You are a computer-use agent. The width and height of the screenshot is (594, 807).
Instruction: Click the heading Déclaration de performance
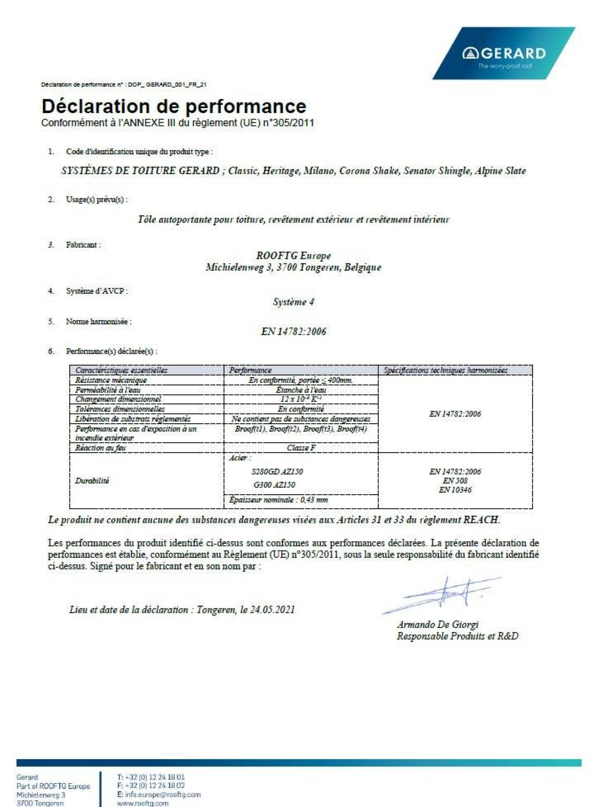174,106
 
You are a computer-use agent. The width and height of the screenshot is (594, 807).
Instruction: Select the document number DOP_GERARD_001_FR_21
167,84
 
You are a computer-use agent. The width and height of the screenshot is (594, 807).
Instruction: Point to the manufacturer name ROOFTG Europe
293,256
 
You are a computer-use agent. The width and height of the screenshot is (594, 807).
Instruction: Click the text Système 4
293,302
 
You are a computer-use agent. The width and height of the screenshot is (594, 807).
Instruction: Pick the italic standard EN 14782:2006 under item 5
293,332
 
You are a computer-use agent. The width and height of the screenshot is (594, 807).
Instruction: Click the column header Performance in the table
250,370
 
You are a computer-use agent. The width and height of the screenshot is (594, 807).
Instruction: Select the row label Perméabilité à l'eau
108,390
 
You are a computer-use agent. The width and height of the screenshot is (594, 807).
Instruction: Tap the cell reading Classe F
301,448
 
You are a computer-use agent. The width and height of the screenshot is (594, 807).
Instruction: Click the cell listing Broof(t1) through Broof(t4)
301,429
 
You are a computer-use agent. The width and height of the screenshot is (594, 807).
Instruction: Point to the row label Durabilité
92,480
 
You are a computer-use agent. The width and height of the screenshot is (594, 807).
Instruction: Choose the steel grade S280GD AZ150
277,472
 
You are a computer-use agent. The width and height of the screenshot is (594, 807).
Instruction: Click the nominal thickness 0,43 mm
314,500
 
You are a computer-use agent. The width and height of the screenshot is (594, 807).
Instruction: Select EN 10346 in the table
455,490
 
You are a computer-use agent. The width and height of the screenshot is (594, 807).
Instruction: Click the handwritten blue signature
446,593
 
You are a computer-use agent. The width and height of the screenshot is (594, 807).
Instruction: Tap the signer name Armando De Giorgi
438,624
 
